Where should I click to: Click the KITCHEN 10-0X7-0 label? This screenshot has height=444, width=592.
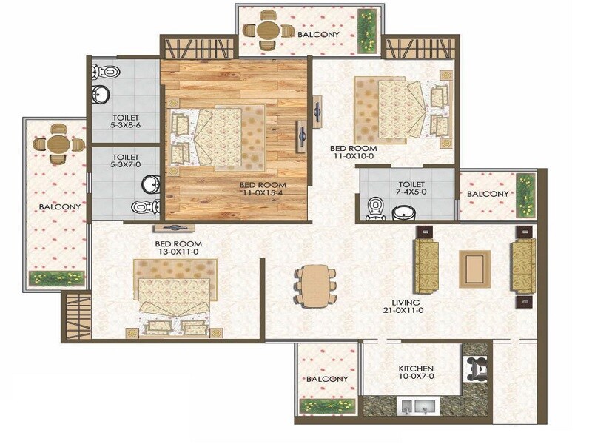[x=415, y=373]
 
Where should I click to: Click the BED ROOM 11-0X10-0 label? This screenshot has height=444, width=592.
[x=354, y=152]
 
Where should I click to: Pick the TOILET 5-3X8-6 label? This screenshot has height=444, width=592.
[x=125, y=122]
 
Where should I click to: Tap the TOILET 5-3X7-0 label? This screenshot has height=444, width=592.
[x=125, y=161]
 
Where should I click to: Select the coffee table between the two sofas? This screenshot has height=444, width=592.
[x=474, y=268]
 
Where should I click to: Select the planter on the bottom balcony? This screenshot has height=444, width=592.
[x=327, y=406]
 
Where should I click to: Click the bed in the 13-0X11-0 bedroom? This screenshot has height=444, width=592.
[x=175, y=296]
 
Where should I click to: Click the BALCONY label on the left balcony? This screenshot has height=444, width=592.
[x=55, y=208]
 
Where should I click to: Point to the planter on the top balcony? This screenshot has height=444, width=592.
[x=366, y=31]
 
